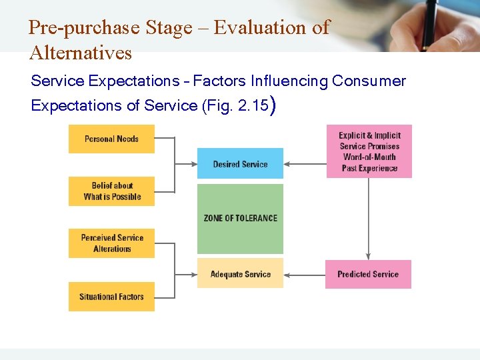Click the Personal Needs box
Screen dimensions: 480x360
pos(111,139)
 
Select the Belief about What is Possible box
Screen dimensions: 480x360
pos(111,191)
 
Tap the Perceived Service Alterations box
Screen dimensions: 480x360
pos(111,243)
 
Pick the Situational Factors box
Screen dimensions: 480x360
pos(111,297)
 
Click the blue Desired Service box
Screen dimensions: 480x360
pos(240,164)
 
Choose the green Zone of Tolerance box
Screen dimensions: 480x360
pos(240,219)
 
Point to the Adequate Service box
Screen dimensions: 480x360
pos(240,273)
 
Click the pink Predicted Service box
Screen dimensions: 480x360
pos(368,274)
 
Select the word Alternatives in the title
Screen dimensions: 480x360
pos(81,53)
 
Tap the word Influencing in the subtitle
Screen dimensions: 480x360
pos(289,81)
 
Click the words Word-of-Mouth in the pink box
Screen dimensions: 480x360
pos(369,157)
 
